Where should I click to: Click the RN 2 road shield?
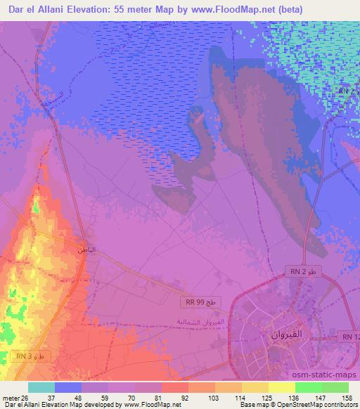point(304,271)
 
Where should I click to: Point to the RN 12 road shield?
point(350,338)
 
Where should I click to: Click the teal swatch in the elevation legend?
point(41,387)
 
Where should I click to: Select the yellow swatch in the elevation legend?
point(282,387)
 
